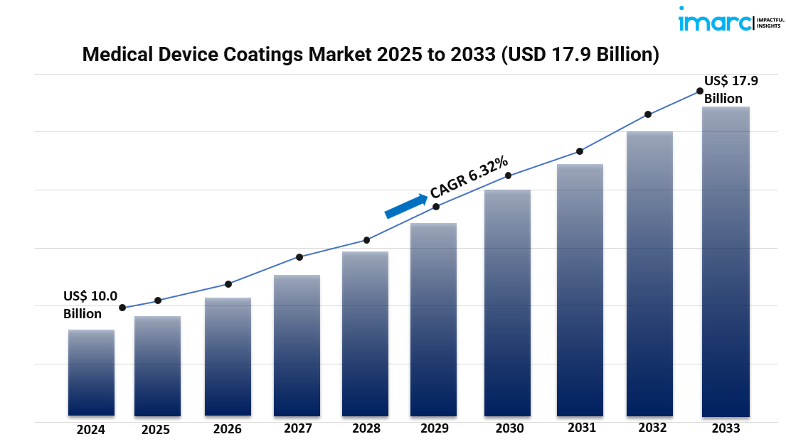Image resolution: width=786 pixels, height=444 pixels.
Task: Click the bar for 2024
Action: (x=91, y=372)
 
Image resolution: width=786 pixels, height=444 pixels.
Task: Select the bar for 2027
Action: (x=297, y=345)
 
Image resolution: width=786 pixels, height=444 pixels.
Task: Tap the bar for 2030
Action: (x=507, y=303)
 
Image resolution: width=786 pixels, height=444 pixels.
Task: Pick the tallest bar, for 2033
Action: (x=726, y=261)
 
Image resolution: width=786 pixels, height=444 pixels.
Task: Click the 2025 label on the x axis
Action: (x=156, y=429)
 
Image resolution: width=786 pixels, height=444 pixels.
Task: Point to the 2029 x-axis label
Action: (x=435, y=428)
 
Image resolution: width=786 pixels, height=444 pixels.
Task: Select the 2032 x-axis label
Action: (x=652, y=428)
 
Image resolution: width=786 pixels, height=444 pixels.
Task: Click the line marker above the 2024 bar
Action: (x=122, y=308)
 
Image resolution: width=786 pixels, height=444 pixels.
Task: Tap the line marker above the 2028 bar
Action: (x=366, y=240)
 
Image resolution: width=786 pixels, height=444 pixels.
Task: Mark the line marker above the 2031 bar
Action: (x=580, y=151)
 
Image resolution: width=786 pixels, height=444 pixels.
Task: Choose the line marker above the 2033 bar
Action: (x=699, y=91)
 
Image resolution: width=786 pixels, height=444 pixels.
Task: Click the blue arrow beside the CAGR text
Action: (x=405, y=205)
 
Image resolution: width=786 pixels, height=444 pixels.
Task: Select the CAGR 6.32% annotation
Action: (x=469, y=177)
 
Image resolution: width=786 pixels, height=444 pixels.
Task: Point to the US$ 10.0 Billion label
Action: (x=90, y=305)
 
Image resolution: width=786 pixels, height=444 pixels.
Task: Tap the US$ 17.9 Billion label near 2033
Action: (x=731, y=90)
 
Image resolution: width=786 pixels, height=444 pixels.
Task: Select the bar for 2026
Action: (x=228, y=357)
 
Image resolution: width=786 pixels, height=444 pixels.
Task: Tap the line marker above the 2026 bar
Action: (x=228, y=284)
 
